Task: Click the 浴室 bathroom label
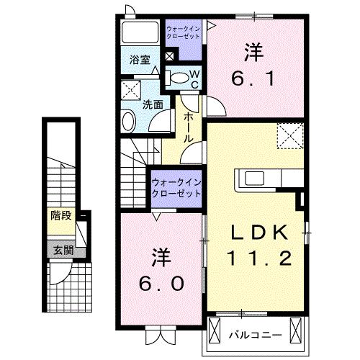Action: click(x=140, y=60)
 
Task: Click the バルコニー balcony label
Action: click(x=251, y=335)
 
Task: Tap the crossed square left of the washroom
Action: click(x=130, y=90)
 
